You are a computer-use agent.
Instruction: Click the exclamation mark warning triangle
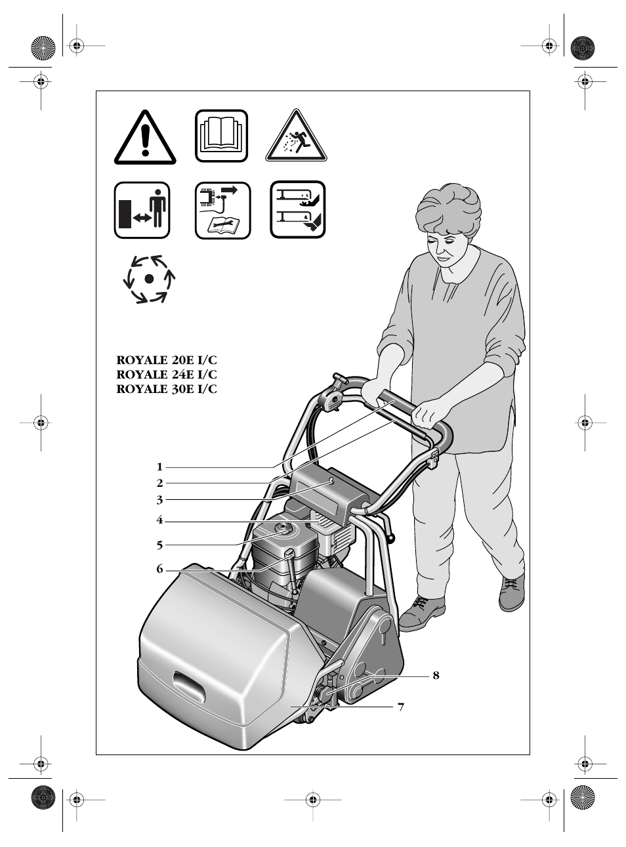point(145,139)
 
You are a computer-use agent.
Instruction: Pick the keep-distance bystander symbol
point(142,210)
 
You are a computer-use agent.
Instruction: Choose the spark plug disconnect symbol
point(222,210)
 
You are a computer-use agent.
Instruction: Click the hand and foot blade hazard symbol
point(298,209)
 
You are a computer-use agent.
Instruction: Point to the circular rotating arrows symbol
point(149,279)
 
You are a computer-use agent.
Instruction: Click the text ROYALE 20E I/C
point(166,360)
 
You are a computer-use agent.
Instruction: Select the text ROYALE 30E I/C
point(166,389)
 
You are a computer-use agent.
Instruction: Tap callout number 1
point(159,467)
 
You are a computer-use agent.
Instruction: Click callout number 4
point(159,521)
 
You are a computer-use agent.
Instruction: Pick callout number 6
point(159,569)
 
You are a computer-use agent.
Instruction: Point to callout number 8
point(436,675)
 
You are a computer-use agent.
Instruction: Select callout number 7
point(401,707)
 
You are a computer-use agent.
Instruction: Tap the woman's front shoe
point(421,613)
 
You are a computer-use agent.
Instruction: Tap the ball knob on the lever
point(392,539)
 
